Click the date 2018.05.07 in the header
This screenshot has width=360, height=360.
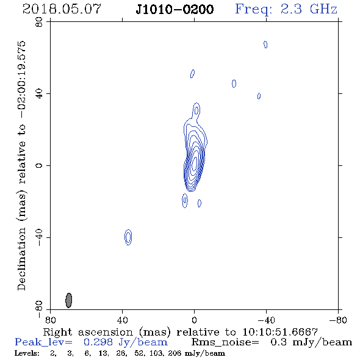coord(62,9)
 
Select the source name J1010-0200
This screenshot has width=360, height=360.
coord(175,9)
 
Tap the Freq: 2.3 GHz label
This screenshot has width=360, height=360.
coord(286,10)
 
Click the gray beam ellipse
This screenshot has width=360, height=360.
coord(69,300)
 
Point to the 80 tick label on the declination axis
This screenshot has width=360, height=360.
coord(39,22)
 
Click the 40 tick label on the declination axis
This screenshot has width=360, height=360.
coord(39,94)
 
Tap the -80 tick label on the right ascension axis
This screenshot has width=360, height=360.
coord(338,320)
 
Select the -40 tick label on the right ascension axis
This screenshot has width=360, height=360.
coord(266,320)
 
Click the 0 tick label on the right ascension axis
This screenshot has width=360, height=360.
coord(194,320)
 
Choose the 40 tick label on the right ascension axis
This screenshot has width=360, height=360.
coord(122,320)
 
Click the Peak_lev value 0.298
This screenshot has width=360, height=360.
coord(98,342)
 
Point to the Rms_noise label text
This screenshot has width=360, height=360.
coord(225,342)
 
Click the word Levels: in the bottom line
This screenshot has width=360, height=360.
coord(27,353)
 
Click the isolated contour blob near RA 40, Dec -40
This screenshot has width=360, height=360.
coord(128,237)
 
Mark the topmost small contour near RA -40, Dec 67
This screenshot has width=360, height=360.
coord(265,45)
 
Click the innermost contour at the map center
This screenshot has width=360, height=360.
coord(195,164)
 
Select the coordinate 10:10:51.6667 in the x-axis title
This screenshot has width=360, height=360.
coord(280,332)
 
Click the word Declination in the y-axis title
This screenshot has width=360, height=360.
coord(21,259)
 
